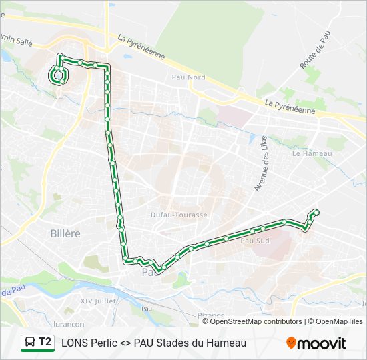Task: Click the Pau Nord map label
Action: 188,77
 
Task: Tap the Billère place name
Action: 65,233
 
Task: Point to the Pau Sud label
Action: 254,241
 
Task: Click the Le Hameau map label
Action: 312,153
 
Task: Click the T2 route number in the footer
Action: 45,342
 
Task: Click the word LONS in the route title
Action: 75,343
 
